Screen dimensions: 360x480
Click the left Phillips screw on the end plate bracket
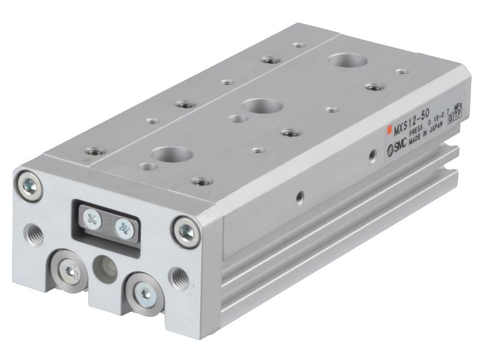point(92,219)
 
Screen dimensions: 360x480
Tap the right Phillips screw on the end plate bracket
point(124,228)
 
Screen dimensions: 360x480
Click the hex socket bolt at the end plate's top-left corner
point(29,185)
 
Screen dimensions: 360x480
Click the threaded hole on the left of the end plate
point(34,233)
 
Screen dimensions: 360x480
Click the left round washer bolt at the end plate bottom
point(70,272)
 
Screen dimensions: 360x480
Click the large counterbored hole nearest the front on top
point(172,154)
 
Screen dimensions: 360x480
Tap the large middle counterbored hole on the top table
point(262,106)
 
